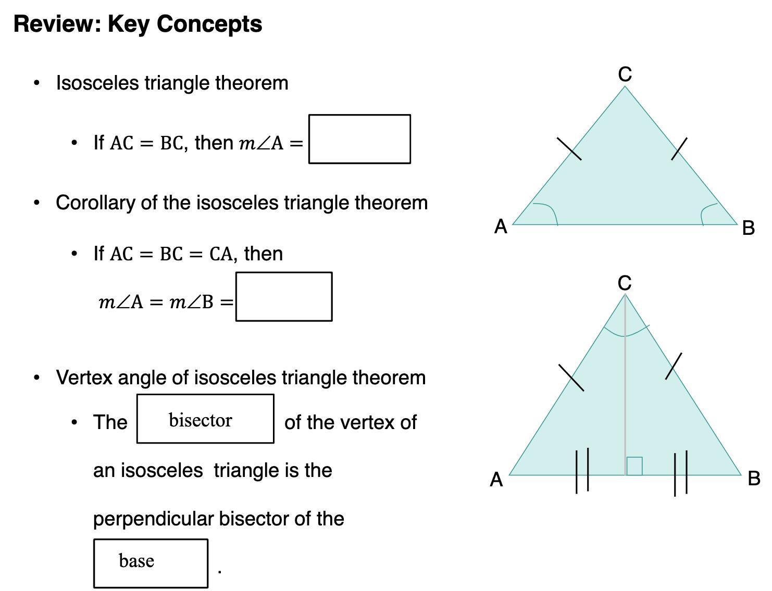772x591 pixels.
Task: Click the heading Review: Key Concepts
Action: tap(138, 24)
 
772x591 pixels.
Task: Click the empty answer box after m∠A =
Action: tap(359, 139)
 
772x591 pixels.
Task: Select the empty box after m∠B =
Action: tap(284, 296)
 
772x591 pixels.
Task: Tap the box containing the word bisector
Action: tap(205, 419)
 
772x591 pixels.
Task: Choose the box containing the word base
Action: tap(151, 563)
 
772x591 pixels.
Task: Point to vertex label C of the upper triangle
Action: tap(625, 74)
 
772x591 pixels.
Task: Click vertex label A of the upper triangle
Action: tap(501, 227)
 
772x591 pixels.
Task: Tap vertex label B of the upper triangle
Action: tap(748, 228)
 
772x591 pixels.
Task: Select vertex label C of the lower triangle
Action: tap(625, 283)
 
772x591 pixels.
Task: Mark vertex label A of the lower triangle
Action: tap(496, 479)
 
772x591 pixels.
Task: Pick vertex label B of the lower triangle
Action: tap(753, 478)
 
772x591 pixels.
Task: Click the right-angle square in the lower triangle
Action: tap(634, 466)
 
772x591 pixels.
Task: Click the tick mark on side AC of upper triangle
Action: tap(569, 149)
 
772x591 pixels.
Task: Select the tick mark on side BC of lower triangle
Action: tap(674, 366)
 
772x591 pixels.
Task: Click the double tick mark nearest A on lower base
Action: tap(582, 470)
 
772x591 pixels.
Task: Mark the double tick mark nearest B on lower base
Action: tap(681, 473)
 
